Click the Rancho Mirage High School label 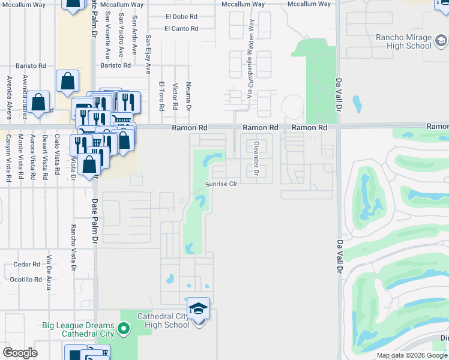click(403, 41)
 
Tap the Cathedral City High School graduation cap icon click(198, 308)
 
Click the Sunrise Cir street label click(223, 184)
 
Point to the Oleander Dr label click(256, 159)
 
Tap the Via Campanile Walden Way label click(250, 59)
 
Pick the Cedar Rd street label click(26, 265)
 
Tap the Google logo click(20, 353)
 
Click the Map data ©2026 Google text click(412, 355)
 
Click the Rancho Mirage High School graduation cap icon click(441, 41)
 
